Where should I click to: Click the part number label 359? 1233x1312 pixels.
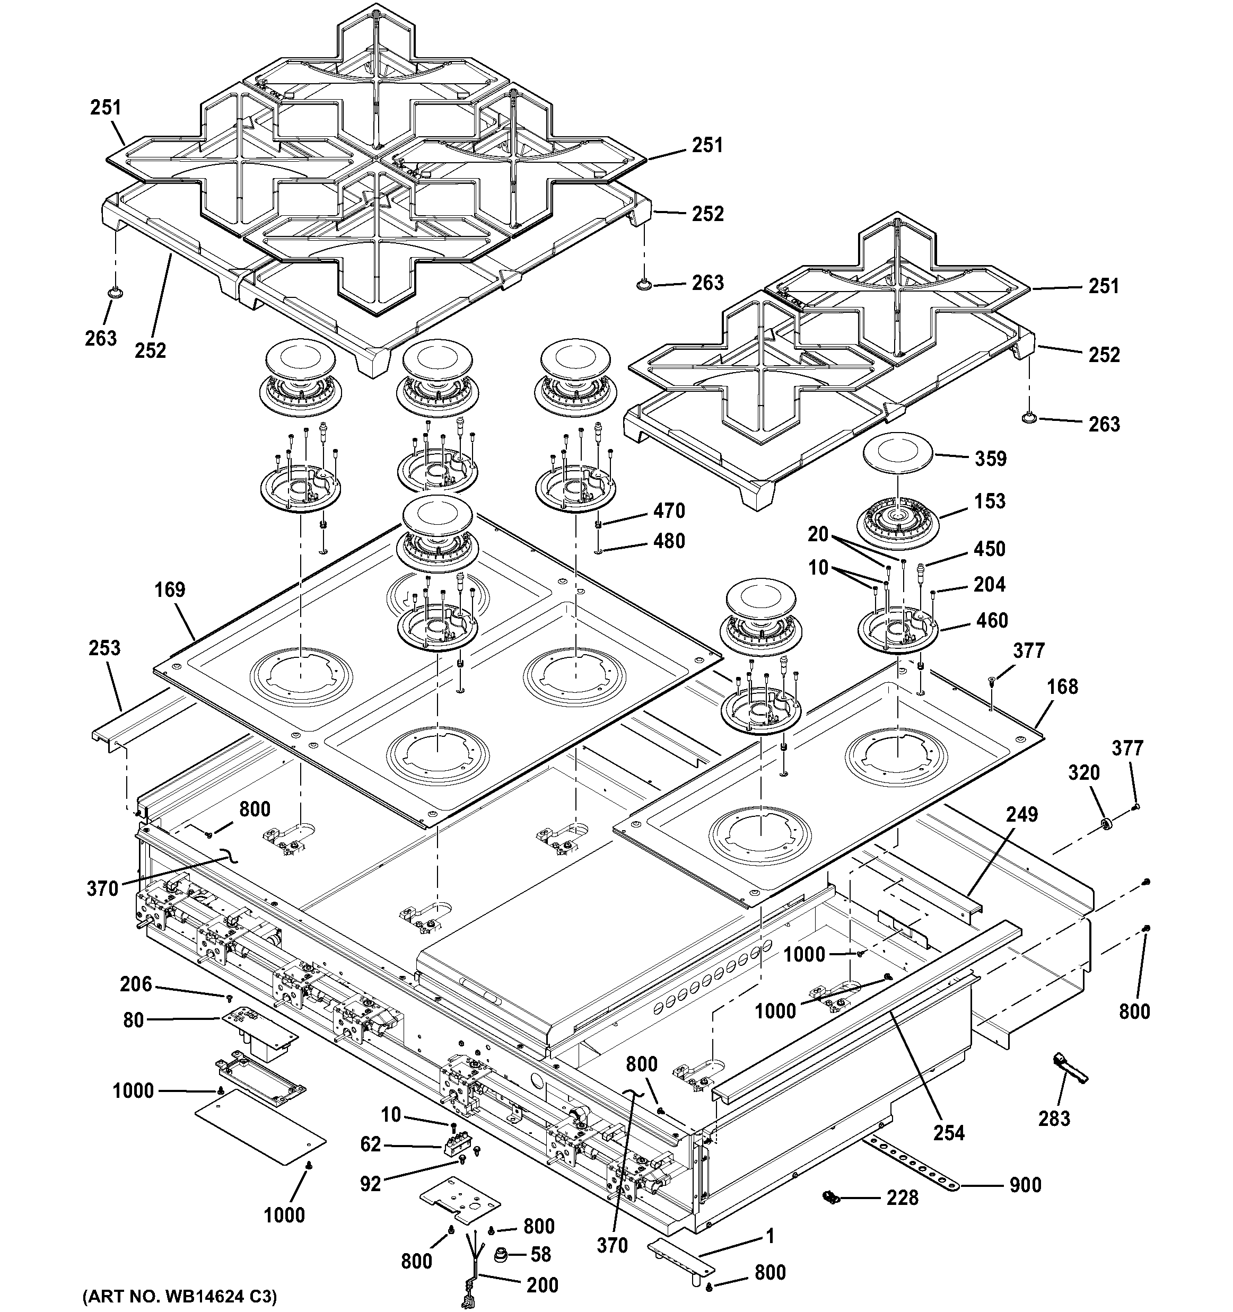(x=990, y=458)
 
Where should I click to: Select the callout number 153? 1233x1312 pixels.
(x=990, y=501)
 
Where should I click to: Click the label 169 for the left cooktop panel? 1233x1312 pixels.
(x=170, y=589)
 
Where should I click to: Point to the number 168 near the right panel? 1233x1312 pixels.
(x=1062, y=686)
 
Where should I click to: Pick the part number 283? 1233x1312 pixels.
(x=1054, y=1118)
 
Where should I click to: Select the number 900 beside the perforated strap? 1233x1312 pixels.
(x=1025, y=1185)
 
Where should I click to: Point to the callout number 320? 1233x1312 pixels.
(x=1084, y=772)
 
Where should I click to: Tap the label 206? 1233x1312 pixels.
(x=136, y=984)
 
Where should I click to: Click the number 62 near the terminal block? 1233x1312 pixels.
(x=371, y=1144)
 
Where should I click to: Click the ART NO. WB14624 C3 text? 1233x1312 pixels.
(x=180, y=1296)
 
